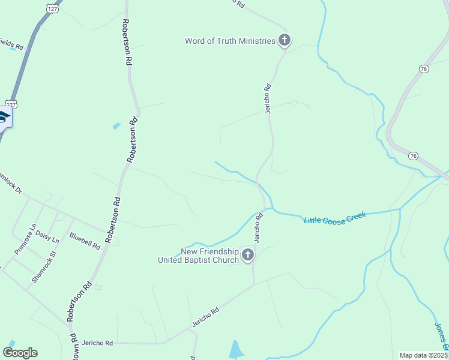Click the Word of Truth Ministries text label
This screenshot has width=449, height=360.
click(230, 41)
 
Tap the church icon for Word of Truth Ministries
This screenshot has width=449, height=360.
click(285, 41)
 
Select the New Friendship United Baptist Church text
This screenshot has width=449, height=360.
click(198, 256)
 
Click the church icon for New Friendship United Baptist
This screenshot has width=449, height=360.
click(248, 256)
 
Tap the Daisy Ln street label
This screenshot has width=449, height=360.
click(47, 236)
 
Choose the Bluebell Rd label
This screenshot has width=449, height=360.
click(84, 241)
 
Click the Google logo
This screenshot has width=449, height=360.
click(20, 353)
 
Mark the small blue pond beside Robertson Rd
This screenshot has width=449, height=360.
click(116, 126)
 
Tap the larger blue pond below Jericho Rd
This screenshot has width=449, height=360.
click(237, 349)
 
